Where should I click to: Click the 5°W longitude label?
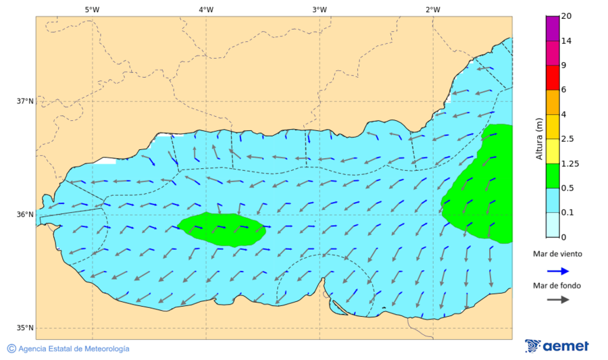(93, 9)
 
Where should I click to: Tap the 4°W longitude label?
(206, 9)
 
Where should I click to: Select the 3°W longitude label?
(320, 9)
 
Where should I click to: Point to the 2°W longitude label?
(433, 9)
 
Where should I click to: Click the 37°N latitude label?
(25, 101)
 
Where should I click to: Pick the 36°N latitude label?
(25, 215)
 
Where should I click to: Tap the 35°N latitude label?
(25, 328)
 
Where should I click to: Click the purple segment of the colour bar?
(553, 28)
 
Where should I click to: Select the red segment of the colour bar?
(553, 78)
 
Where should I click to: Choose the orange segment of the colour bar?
(553, 102)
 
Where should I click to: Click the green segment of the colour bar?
(553, 176)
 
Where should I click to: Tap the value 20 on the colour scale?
(566, 16)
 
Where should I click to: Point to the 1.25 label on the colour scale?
(571, 163)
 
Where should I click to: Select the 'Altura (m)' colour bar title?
(539, 138)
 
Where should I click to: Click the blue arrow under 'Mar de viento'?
(557, 271)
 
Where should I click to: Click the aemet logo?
(557, 346)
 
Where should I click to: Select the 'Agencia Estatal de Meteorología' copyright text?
(68, 349)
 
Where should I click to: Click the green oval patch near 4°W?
(222, 229)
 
